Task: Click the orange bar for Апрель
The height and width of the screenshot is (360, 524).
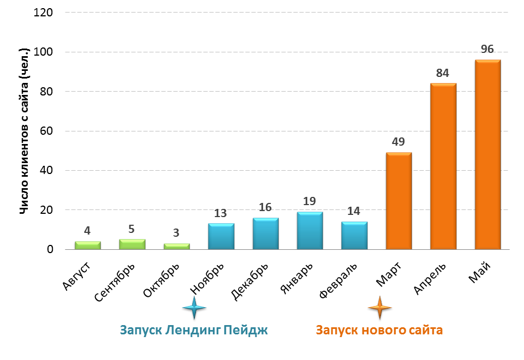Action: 443,166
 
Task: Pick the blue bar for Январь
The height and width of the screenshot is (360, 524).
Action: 309,231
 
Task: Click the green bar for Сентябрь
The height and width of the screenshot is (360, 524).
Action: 132,244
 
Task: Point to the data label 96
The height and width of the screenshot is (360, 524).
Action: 487,50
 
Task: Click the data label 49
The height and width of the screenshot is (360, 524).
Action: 398,142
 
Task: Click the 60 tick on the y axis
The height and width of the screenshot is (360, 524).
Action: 46,131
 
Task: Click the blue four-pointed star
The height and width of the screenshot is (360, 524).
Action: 194,308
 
